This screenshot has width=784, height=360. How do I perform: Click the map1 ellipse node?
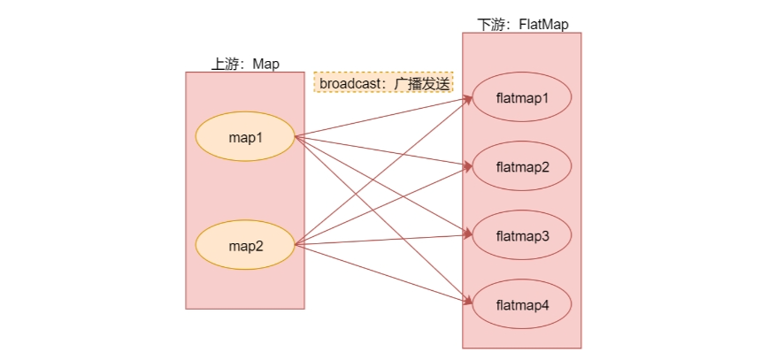tap(244, 136)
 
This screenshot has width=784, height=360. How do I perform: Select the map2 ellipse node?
tap(244, 245)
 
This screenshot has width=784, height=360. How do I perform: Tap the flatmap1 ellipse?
tap(522, 97)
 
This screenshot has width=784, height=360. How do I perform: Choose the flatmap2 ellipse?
tap(522, 166)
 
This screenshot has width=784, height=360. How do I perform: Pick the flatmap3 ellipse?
tap(522, 236)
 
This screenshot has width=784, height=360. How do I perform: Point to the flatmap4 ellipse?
tap(522, 305)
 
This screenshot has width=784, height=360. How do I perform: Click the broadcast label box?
tap(383, 83)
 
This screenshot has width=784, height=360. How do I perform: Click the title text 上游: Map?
tap(244, 64)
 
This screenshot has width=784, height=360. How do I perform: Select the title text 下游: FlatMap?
tap(521, 24)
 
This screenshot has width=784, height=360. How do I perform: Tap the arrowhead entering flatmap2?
tap(468, 166)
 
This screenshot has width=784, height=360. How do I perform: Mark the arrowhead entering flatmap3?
tap(468, 235)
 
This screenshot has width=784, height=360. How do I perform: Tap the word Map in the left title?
tap(265, 64)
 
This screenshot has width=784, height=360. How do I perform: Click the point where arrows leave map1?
tap(294, 136)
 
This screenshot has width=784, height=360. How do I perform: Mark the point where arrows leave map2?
tap(294, 245)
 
